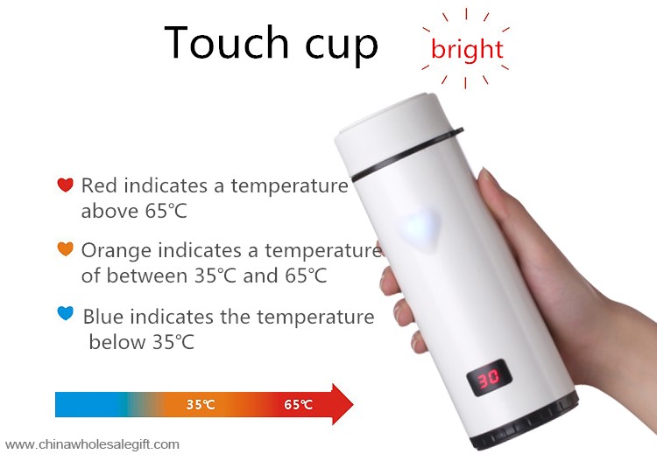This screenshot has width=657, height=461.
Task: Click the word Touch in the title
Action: [x=226, y=42]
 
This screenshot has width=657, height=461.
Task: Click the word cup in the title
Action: [x=342, y=46]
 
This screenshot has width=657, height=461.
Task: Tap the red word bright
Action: [x=467, y=50]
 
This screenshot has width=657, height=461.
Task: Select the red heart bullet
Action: [x=65, y=185]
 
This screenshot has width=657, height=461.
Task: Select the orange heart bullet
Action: [x=65, y=248]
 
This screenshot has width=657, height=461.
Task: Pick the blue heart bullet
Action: [x=65, y=313]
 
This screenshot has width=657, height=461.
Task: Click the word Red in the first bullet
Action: [x=99, y=185]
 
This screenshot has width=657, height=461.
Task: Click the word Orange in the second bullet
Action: [x=116, y=251]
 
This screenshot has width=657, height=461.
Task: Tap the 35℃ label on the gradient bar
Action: [x=201, y=404]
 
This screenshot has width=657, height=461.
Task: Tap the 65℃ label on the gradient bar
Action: [x=298, y=404]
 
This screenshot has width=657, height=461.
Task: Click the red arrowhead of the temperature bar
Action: [x=342, y=404]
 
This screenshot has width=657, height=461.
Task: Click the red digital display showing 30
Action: [x=489, y=378]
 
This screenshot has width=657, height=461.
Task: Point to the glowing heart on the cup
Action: [x=419, y=227]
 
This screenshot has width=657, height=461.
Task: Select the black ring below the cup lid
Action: [x=407, y=155]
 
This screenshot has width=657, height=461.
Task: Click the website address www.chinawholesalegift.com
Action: [x=92, y=444]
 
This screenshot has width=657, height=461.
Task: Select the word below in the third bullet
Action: [x=117, y=342]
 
